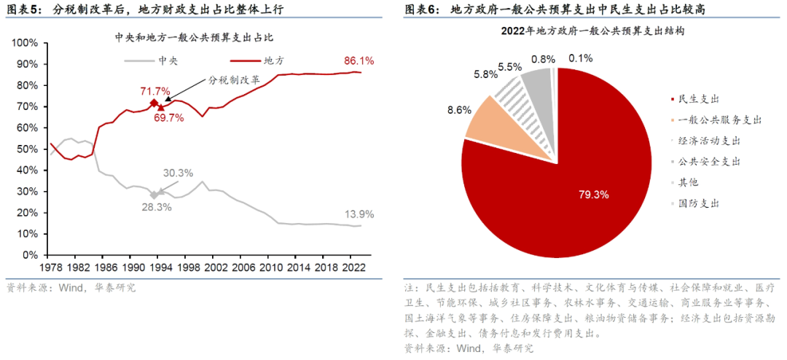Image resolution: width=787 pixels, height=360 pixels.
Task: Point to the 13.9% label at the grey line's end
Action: point(359,214)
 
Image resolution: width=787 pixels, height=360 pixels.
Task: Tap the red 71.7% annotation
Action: point(155,91)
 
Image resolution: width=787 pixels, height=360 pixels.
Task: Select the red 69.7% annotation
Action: point(169,118)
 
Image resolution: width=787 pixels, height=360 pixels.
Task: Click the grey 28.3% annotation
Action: point(157,208)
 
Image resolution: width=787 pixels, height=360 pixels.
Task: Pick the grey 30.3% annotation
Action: point(178,173)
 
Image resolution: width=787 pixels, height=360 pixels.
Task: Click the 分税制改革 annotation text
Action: point(234,80)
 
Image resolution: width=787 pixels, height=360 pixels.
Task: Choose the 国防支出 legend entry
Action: point(697,203)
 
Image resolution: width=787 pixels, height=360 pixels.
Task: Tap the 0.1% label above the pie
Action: point(581,58)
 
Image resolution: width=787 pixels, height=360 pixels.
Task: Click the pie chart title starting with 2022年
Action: point(592,32)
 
